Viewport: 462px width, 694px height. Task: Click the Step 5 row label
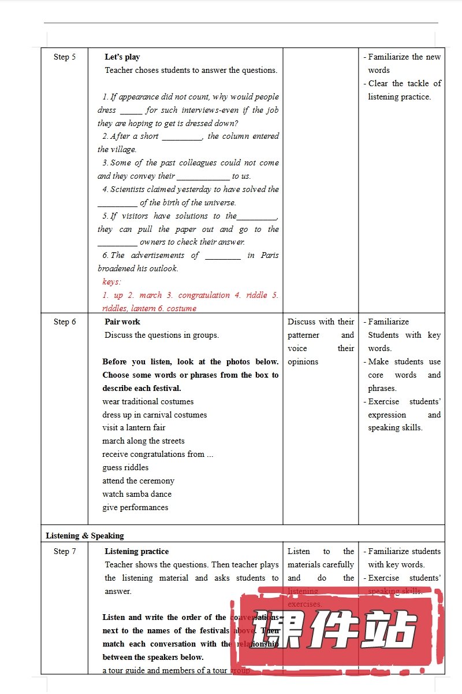(x=65, y=57)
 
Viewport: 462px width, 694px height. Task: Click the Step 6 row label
(x=65, y=322)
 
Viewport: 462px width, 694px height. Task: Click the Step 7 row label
(x=65, y=551)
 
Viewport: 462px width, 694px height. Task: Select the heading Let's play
(x=122, y=57)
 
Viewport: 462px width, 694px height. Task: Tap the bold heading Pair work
(x=122, y=322)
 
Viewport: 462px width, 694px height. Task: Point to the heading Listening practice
(x=137, y=551)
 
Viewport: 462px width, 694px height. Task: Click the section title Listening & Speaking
(x=85, y=536)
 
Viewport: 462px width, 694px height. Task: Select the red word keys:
(x=112, y=282)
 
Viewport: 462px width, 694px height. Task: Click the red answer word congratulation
(x=204, y=295)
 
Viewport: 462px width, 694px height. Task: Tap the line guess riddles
(x=125, y=467)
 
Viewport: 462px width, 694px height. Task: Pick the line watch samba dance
(x=137, y=494)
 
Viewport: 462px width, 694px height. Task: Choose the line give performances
(x=135, y=507)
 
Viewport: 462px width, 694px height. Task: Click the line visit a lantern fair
(x=134, y=427)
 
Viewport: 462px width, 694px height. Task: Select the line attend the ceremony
(x=138, y=481)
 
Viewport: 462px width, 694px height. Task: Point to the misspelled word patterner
(x=303, y=335)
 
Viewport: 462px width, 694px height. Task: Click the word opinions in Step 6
(x=303, y=361)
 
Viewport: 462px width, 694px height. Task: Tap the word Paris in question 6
(x=270, y=255)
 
